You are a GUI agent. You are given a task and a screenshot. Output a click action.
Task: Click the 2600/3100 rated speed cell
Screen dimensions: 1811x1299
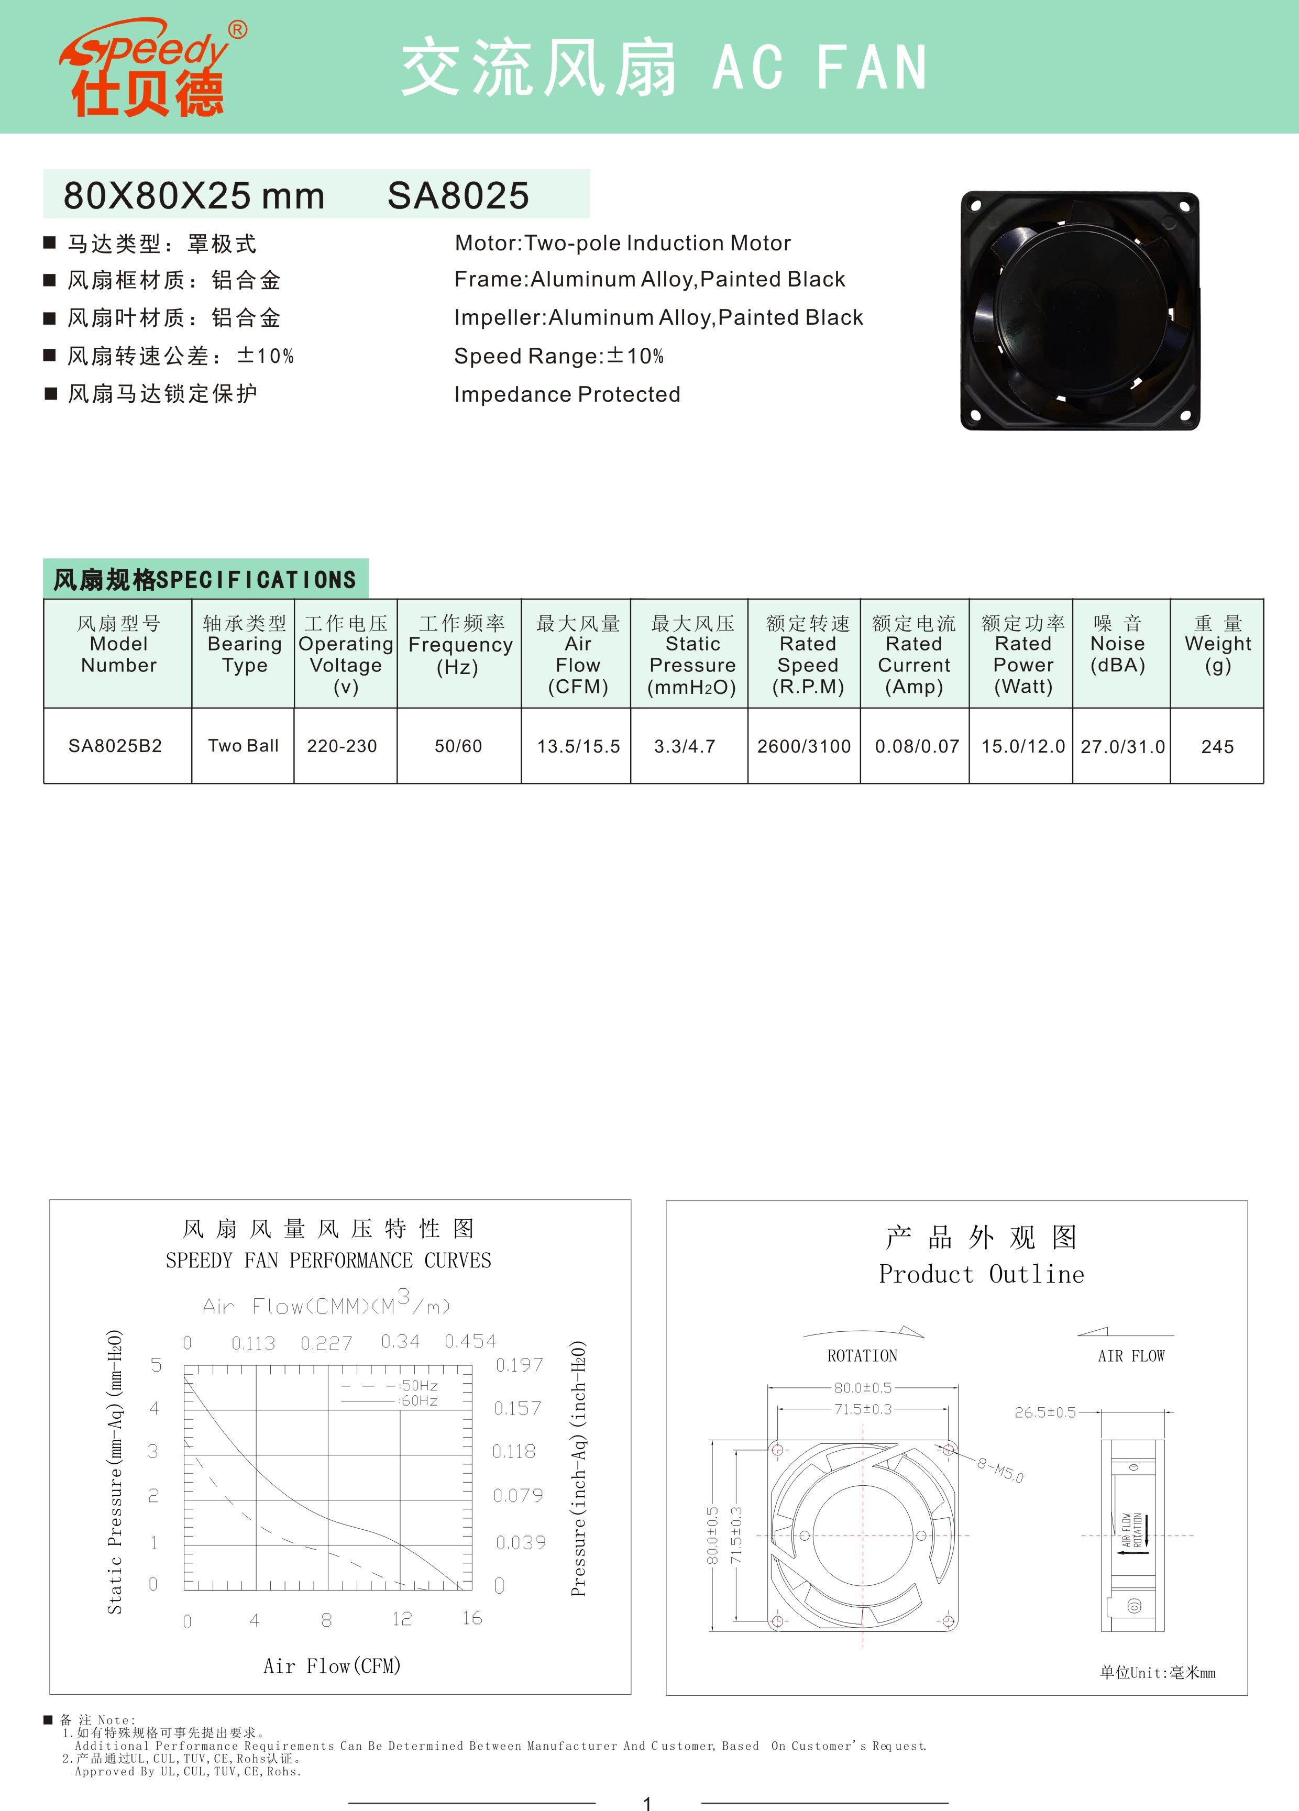804,746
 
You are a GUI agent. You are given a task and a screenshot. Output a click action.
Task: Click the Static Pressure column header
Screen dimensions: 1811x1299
692,655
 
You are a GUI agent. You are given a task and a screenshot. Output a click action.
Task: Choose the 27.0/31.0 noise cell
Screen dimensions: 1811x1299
1122,747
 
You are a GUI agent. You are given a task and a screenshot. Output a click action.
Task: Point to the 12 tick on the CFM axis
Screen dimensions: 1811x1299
402,1619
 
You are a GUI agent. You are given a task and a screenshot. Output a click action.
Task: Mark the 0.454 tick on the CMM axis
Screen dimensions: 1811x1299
470,1341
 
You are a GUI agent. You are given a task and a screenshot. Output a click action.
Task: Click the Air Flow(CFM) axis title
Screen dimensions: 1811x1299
332,1666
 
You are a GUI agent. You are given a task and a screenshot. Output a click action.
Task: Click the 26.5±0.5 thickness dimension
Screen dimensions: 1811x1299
1045,1412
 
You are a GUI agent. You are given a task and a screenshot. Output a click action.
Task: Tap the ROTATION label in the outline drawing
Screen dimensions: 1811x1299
862,1356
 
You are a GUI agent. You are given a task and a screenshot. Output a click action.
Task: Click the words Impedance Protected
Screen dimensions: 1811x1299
567,394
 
